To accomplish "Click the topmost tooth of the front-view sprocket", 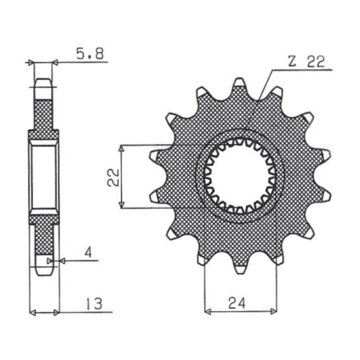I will [x=239, y=85].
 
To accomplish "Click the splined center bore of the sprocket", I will [x=240, y=176].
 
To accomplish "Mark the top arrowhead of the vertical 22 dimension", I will [x=121, y=148].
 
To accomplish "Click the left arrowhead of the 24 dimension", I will [x=208, y=311].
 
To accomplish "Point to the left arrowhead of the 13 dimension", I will [x=32, y=312].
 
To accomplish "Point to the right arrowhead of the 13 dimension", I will [x=57, y=312].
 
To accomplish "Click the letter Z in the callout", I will [x=292, y=62].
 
